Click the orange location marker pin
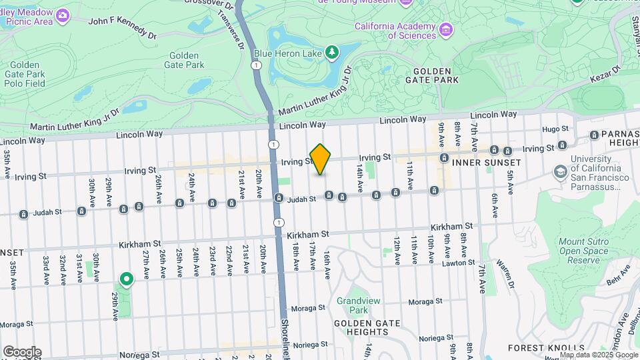[x=321, y=159]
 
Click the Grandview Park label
[x=352, y=305]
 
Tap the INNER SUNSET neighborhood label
[x=486, y=163]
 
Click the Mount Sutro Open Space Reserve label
[x=583, y=251]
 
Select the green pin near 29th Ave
[x=125, y=279]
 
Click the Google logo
[x=22, y=352]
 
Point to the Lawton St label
[x=458, y=264]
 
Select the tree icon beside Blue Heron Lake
[x=331, y=52]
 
